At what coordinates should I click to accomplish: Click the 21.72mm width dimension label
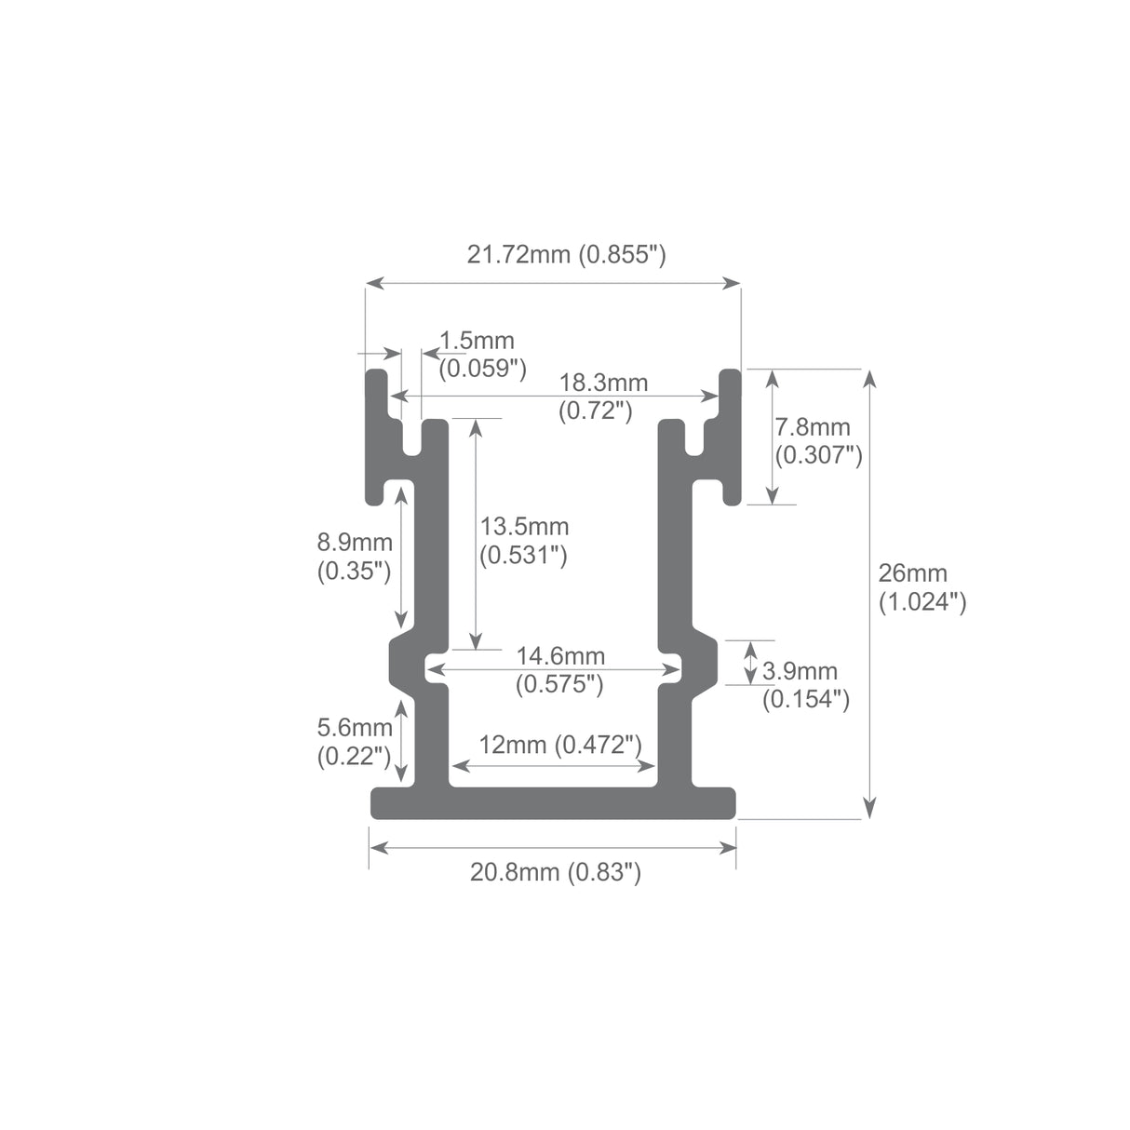tap(566, 254)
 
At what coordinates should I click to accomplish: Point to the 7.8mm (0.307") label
tap(816, 441)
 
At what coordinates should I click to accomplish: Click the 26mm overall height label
tap(921, 587)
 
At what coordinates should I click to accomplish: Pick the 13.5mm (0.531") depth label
tap(523, 541)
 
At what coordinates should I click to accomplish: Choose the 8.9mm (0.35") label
tap(354, 556)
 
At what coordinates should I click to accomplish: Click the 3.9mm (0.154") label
tap(804, 684)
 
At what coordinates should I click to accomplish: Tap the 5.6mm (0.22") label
tap(354, 742)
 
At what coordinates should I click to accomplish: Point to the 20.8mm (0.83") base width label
tap(555, 872)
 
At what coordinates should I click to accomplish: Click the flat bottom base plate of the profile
tap(553, 803)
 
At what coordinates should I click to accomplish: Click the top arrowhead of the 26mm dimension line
tap(870, 377)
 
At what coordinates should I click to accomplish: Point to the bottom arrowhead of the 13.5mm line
tap(476, 641)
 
